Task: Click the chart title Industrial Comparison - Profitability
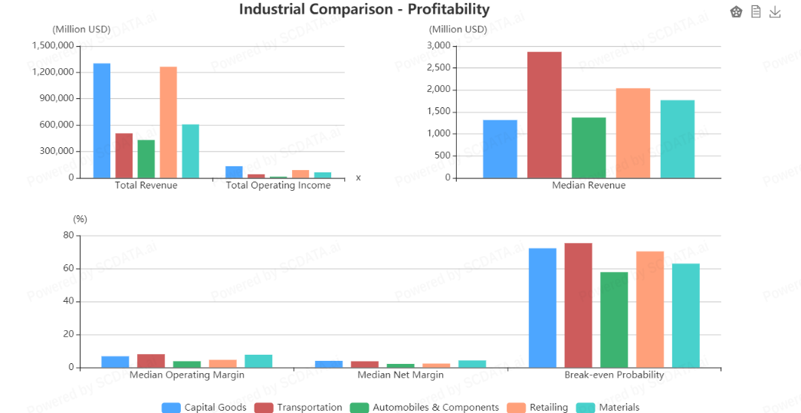[x=364, y=9]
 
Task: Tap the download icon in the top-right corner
[x=775, y=11]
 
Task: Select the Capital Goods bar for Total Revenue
[x=102, y=120]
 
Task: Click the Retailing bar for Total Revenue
[x=169, y=122]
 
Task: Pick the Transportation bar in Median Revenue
[x=544, y=115]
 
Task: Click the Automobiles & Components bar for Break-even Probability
[x=614, y=320]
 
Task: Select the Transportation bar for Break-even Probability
[x=579, y=305]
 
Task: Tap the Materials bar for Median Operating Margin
[x=258, y=361]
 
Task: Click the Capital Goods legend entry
[x=204, y=408]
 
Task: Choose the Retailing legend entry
[x=537, y=408]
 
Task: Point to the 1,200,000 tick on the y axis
[x=53, y=72]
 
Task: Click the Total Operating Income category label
[x=278, y=185]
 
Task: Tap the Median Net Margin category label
[x=400, y=375]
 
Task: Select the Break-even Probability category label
[x=614, y=375]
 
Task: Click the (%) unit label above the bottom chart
[x=80, y=219]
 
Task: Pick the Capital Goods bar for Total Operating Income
[x=234, y=172]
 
